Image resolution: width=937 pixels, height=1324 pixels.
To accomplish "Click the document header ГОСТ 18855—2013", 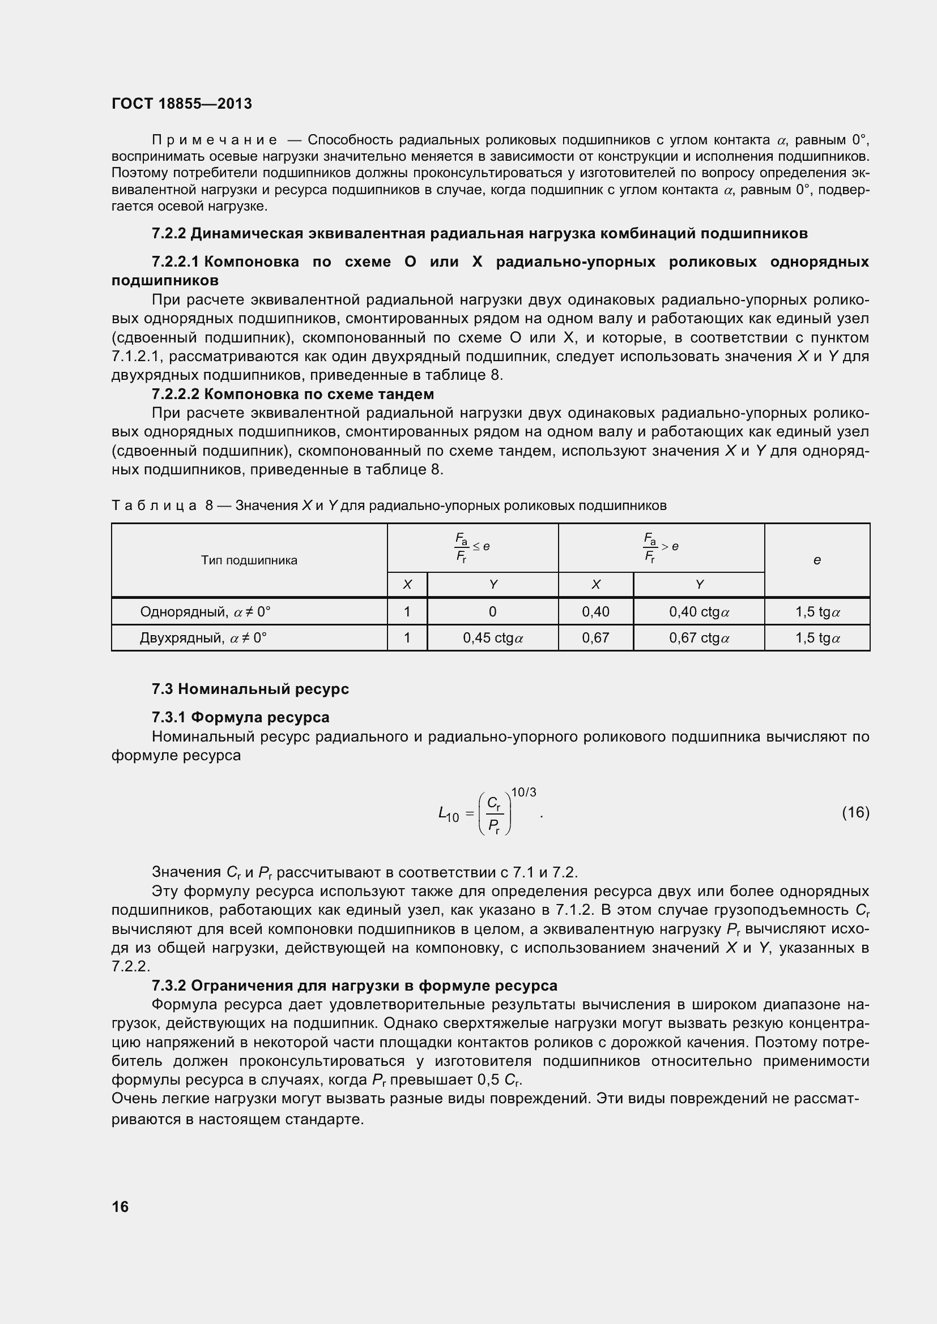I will pos(182,104).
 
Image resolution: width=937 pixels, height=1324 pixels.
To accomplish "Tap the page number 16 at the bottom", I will pos(120,1206).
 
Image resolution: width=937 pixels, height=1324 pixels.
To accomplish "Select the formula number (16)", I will pos(855,812).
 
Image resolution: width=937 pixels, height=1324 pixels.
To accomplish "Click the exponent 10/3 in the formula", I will pos(523,792).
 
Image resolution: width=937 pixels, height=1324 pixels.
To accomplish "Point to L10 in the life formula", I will pos(448,814).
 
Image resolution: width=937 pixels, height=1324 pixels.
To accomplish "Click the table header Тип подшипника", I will pos(249,560).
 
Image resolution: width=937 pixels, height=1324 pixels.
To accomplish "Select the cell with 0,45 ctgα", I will pos(493,638).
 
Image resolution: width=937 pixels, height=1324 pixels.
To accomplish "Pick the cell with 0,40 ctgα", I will pos(699,612).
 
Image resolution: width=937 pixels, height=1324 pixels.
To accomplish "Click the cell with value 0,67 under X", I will pos(595,638).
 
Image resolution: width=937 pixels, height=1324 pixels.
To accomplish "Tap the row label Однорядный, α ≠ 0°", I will pos(205,612).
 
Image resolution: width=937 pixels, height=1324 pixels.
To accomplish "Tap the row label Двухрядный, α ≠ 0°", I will pos(203,638).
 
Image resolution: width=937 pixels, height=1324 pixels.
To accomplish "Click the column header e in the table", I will pos(816,560).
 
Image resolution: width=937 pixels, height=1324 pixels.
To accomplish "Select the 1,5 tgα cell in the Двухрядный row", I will pos(817,638).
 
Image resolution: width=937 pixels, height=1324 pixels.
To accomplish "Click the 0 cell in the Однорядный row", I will pos(492,612).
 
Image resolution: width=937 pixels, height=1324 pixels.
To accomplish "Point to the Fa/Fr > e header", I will pos(661,547).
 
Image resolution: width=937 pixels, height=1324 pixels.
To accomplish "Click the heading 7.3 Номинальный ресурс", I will pos(250,689).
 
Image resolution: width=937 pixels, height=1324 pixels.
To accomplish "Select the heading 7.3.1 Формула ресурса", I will pos(241,717).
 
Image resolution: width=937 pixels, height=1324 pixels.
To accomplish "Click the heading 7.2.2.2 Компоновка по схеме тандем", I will pos(292,395).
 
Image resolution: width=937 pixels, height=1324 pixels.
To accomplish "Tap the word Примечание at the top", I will pos(214,140).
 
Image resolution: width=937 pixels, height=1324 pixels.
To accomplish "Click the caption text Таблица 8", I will pos(162,505).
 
